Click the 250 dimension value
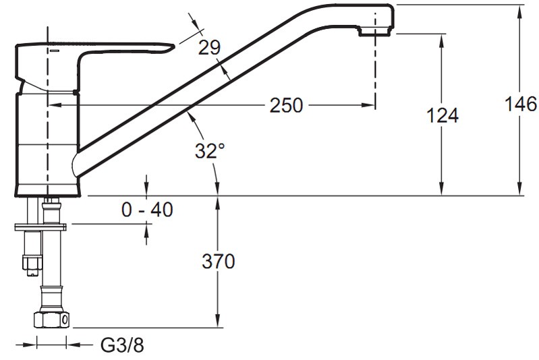point(286,105)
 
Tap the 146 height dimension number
point(520,104)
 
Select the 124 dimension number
point(443,115)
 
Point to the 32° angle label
point(210,150)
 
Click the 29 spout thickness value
point(209,47)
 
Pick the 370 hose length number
point(219,261)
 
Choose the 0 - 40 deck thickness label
point(147,209)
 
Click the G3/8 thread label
point(122,345)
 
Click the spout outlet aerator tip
point(375,32)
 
